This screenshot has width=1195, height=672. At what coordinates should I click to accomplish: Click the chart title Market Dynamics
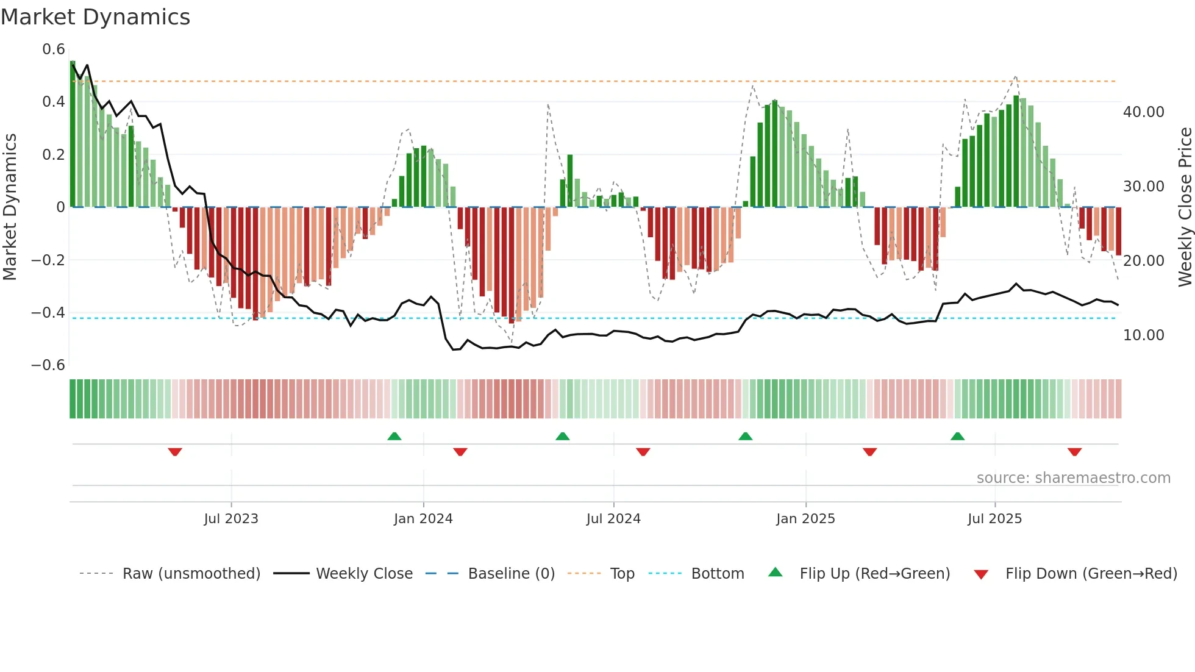coord(96,17)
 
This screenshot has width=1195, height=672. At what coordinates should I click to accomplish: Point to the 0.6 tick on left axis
coord(53,49)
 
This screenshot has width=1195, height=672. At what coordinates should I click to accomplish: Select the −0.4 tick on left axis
coord(48,313)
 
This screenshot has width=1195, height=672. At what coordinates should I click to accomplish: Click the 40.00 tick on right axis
coord(1143,112)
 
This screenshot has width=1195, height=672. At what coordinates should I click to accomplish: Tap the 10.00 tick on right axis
coord(1143,335)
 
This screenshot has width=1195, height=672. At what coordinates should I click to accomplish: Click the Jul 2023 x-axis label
coord(231,519)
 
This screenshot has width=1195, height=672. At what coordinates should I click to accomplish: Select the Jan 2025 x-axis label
coord(805,519)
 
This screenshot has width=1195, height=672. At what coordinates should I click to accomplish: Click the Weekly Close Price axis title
coord(1185,207)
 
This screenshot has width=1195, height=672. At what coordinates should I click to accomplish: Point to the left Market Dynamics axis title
coord(10,207)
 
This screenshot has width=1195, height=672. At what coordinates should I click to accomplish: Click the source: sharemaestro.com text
coord(1073,478)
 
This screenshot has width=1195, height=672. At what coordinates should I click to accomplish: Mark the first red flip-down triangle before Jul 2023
coord(175,452)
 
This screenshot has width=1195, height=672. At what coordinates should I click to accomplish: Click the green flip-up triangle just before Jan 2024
coord(394,436)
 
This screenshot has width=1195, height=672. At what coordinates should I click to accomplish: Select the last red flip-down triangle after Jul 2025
coord(1074,452)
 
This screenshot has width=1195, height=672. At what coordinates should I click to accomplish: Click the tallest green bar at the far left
coord(73,134)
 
